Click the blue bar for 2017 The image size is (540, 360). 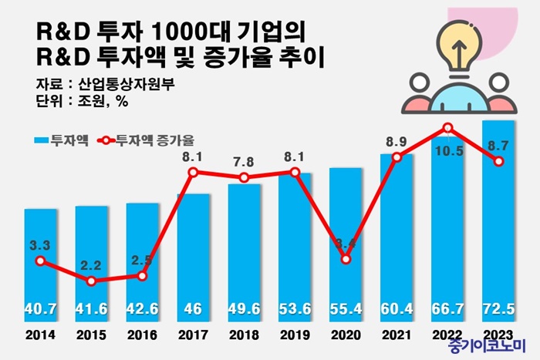point(193,254)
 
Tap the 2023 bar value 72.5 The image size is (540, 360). point(498,309)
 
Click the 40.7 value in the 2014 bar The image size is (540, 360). point(40,309)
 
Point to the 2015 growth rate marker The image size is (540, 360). point(91,281)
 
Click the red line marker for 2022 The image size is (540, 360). point(447,128)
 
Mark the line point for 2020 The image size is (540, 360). point(346,259)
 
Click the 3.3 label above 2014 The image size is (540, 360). point(39,246)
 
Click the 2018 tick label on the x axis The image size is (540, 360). point(244,336)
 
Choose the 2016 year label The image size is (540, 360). point(142,336)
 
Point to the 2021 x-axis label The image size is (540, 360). point(397,336)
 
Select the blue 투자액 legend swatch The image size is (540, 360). point(42,141)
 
